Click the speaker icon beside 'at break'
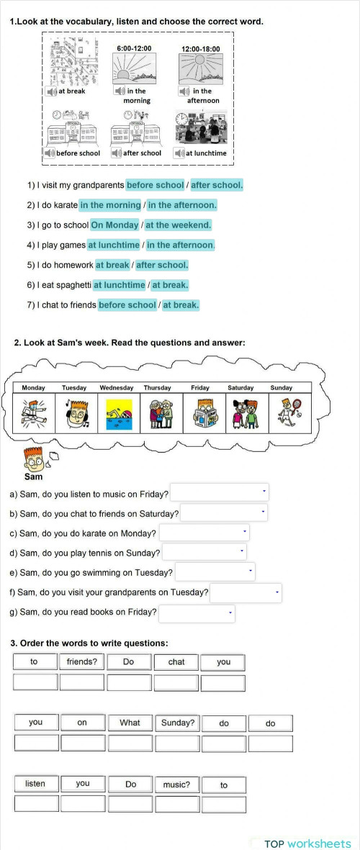tap(51, 91)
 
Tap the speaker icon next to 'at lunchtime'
tap(179, 153)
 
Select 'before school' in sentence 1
tap(155, 185)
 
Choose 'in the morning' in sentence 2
tap(110, 205)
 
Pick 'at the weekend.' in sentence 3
tap(178, 225)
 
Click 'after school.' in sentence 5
tap(162, 265)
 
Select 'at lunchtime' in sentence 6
tap(119, 285)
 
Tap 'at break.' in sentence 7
tap(181, 305)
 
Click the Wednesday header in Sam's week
tap(116, 388)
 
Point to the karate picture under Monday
tap(34, 413)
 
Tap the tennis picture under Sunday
tap(282, 413)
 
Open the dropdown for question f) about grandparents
tap(245, 592)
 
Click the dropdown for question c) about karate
tap(204, 533)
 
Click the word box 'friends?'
tap(82, 661)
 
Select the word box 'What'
tap(130, 723)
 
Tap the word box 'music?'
tap(176, 785)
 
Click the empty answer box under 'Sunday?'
tap(176, 743)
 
